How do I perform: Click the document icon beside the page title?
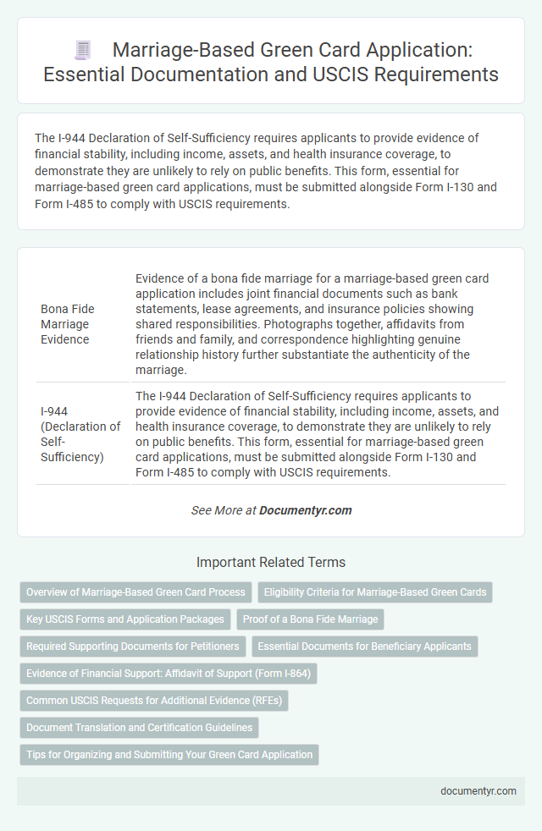click(x=82, y=50)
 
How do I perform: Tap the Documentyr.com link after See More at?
click(x=305, y=510)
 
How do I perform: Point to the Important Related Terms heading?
click(x=270, y=562)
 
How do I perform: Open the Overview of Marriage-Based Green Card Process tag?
click(x=135, y=592)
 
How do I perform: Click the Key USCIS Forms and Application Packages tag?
click(x=125, y=619)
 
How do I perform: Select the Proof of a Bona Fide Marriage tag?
click(x=310, y=619)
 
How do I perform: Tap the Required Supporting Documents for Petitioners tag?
click(x=133, y=647)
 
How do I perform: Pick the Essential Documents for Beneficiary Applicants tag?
click(x=364, y=647)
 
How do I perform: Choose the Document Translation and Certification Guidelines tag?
click(x=139, y=728)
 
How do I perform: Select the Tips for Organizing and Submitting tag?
click(x=169, y=755)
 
